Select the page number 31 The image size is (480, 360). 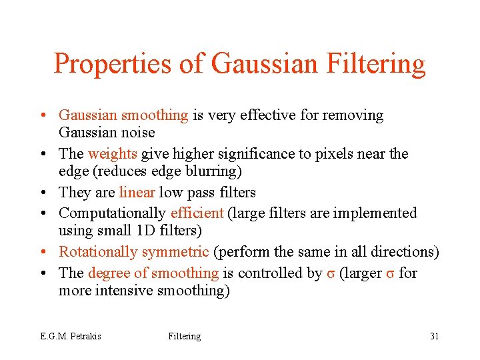click(434, 336)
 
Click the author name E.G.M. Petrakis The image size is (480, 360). click(70, 336)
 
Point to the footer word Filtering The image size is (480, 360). click(184, 336)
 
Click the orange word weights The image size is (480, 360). click(112, 154)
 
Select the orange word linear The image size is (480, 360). click(137, 193)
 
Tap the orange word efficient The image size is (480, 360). click(197, 213)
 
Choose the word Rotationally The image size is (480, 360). click(97, 252)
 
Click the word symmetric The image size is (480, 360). click(176, 252)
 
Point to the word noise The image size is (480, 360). click(137, 133)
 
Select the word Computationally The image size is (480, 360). click(112, 213)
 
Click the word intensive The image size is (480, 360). click(124, 291)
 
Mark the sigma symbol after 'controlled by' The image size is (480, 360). click(331, 273)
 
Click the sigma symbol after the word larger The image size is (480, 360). click(390, 273)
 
